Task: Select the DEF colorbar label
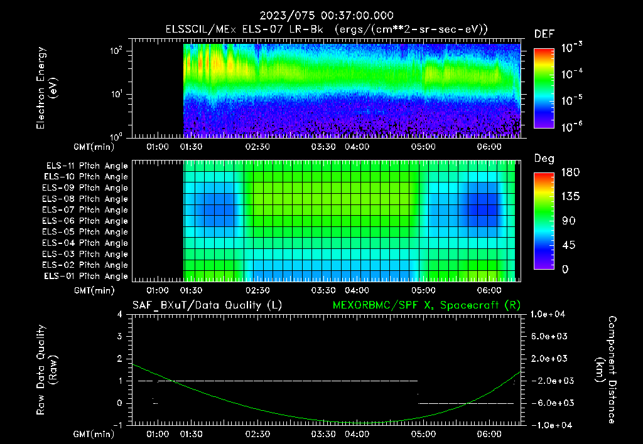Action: coord(543,34)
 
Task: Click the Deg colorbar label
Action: coord(543,159)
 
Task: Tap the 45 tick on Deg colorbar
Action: coord(543,245)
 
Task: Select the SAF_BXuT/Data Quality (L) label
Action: coord(207,305)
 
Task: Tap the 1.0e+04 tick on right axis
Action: coord(549,314)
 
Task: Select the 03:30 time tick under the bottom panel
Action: coord(323,434)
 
